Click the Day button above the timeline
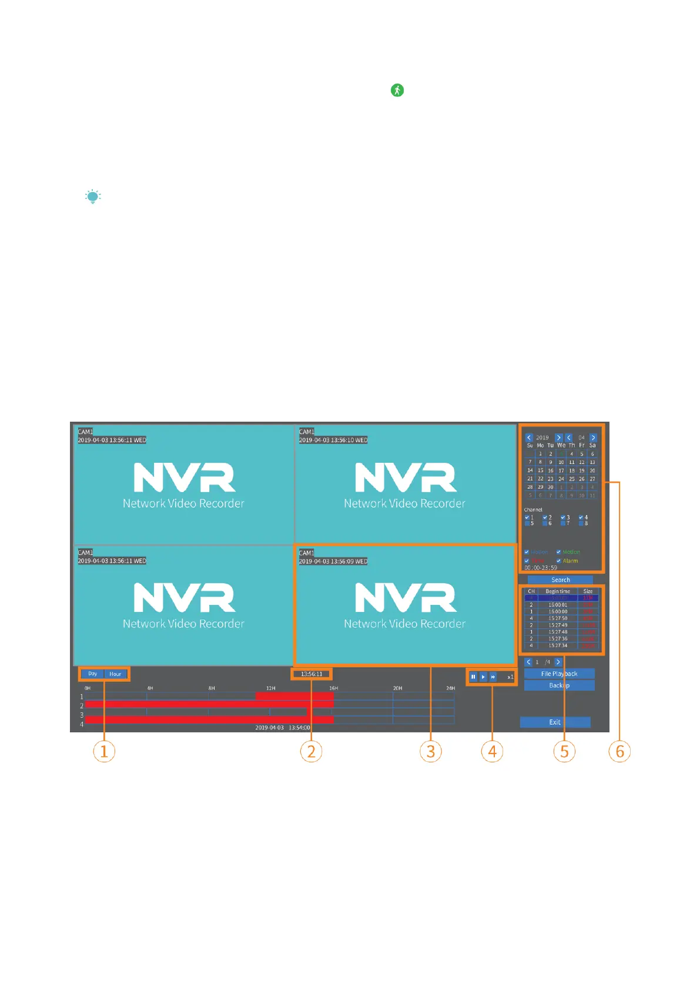pos(92,674)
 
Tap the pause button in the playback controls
pos(473,677)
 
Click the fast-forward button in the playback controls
pos(493,677)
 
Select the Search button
pos(560,580)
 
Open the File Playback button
pos(559,674)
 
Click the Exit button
pos(555,722)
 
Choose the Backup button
pos(559,685)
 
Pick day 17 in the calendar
pos(561,470)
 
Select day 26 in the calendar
pos(582,479)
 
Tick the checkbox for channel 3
pos(563,517)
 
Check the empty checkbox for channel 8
pos(581,523)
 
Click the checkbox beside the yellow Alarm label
pos(559,561)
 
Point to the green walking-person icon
pos(397,90)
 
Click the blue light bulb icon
pos(93,197)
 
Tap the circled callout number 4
pos(492,751)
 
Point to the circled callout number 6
pos(619,751)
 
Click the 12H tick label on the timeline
pos(270,688)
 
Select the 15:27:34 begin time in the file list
pos(558,645)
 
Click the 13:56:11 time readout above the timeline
pos(312,674)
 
